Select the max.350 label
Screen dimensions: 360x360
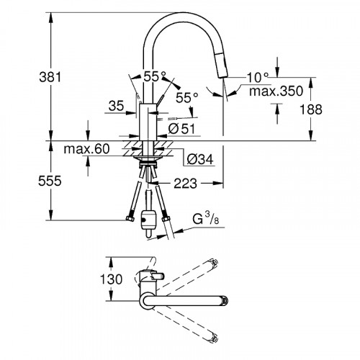click(276, 91)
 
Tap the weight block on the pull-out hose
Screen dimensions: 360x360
click(148, 219)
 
